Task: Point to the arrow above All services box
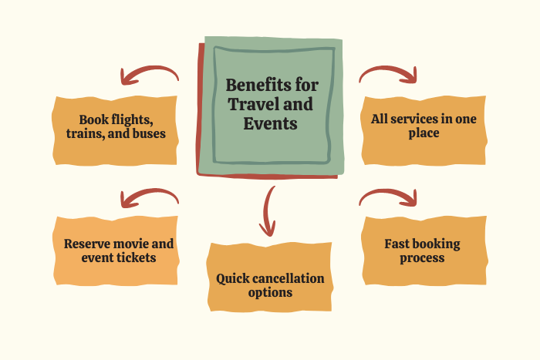(x=388, y=74)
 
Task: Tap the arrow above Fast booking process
(x=388, y=197)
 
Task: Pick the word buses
(x=147, y=135)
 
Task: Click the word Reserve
(x=88, y=244)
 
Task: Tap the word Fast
(x=399, y=244)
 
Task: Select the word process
(x=422, y=257)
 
